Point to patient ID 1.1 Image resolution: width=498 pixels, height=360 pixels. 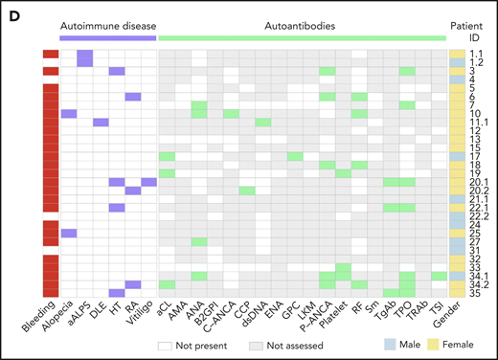(x=478, y=54)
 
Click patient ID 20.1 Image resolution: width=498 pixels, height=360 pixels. (x=478, y=182)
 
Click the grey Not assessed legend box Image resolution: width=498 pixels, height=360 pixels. (x=258, y=343)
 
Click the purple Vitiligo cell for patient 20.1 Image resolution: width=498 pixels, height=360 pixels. (x=148, y=182)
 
